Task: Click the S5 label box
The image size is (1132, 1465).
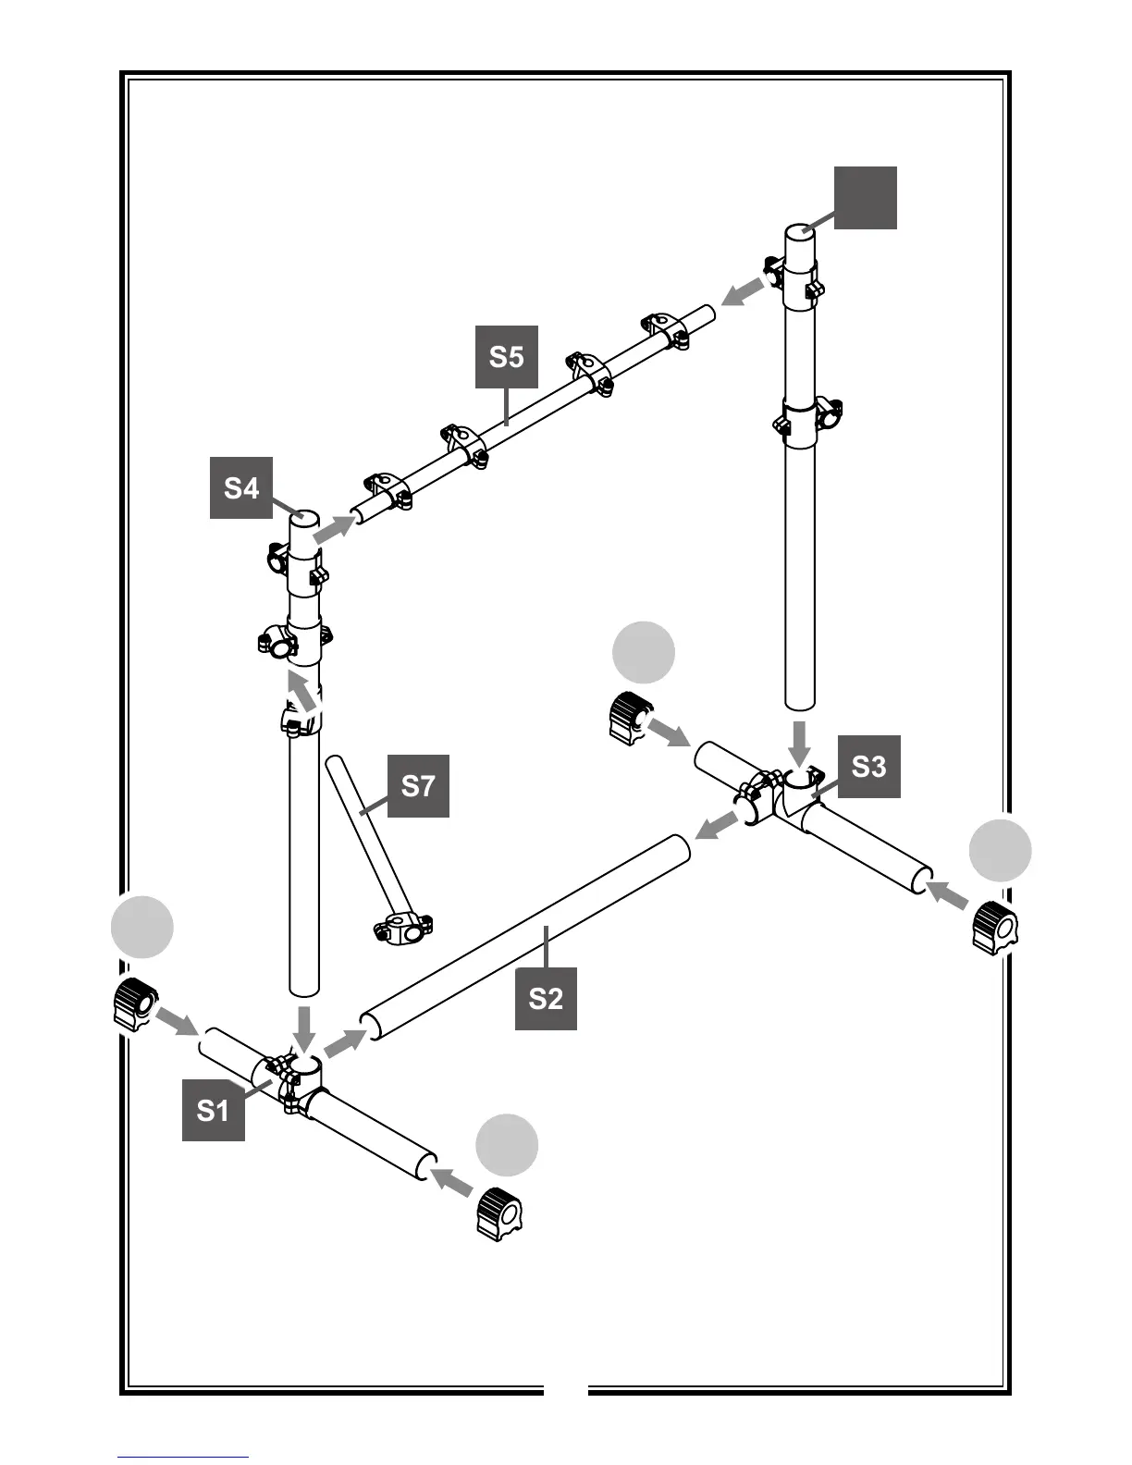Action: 506,357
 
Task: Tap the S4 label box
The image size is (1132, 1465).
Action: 241,487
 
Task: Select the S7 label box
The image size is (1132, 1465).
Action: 418,786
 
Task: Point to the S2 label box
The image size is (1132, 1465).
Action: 546,999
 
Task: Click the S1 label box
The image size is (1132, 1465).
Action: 213,1110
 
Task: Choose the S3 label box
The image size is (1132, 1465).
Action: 868,766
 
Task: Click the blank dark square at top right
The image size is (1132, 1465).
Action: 866,198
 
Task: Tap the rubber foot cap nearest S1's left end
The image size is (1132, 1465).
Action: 134,1004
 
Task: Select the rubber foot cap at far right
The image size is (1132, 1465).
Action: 994,927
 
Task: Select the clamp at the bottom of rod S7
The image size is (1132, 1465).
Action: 402,928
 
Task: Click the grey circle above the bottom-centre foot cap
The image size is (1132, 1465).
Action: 507,1145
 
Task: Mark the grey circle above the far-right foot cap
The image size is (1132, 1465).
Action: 1001,850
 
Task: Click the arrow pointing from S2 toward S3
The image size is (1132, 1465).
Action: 718,826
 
